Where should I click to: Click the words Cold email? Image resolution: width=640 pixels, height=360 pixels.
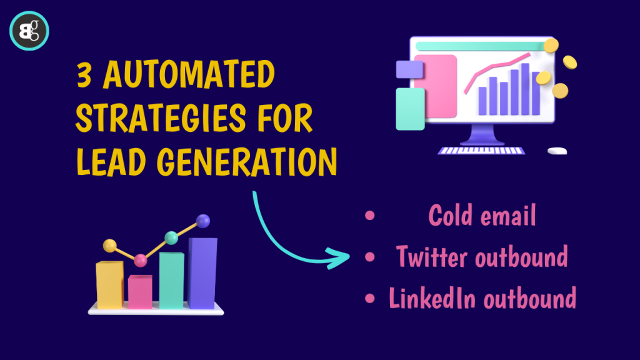tap(482, 216)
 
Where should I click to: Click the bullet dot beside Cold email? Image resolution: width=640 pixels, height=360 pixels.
tap(369, 216)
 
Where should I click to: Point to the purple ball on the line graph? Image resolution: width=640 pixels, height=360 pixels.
tap(203, 221)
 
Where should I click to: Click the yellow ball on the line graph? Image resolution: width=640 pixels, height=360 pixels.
tap(109, 245)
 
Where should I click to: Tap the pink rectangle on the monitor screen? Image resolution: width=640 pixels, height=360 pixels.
tap(436, 84)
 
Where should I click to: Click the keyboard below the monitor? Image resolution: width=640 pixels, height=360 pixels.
tap(489, 151)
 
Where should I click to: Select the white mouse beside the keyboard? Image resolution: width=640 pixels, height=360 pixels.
tap(557, 151)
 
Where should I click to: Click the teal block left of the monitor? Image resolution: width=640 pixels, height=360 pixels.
tap(410, 109)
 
